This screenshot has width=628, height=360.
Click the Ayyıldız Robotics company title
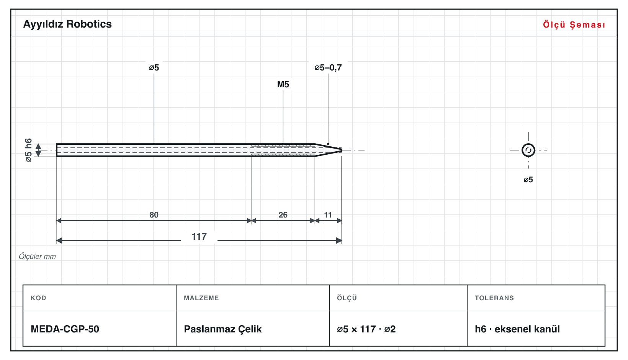point(67,25)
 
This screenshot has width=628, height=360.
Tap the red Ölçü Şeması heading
point(574,25)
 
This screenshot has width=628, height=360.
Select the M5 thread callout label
point(283,84)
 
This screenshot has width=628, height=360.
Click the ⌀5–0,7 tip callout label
point(328,67)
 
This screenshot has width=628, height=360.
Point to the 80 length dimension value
point(154,215)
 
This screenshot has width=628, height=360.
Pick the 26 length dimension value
point(283,215)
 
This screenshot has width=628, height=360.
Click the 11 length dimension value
point(328,215)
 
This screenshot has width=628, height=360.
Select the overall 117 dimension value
point(199,237)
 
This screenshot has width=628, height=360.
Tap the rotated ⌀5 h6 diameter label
point(29,150)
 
